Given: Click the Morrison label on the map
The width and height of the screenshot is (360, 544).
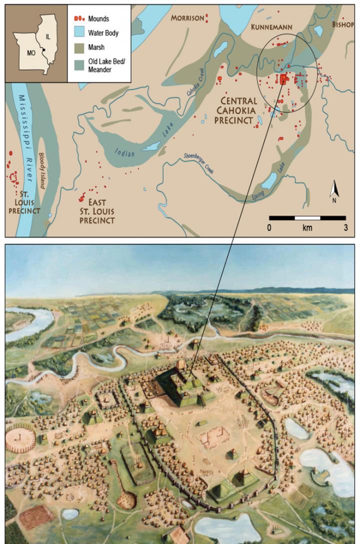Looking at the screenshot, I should pos(187,18).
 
